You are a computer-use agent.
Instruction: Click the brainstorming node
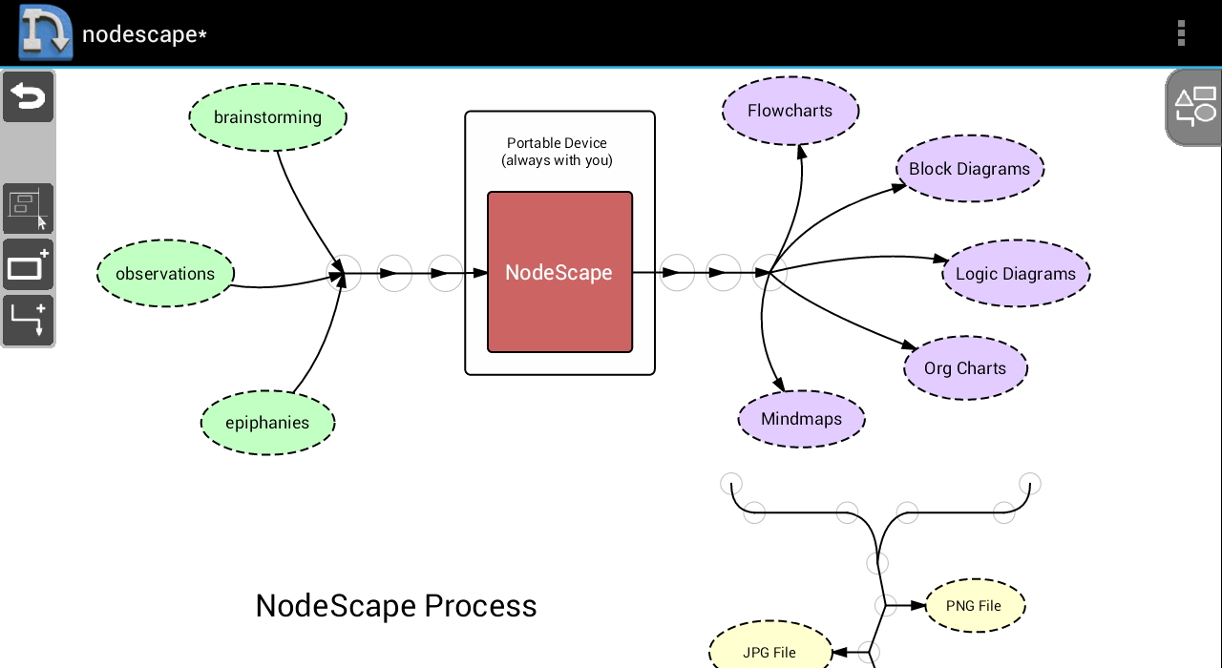267,117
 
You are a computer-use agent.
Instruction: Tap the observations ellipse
165,274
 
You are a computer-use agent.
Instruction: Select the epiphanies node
267,423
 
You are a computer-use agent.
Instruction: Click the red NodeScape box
559,272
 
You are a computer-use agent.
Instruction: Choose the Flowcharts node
790,111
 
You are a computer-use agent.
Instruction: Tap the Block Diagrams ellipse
969,169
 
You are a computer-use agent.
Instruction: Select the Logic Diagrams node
1016,274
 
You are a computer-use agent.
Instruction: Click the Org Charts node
965,368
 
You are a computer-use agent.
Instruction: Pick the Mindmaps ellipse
802,419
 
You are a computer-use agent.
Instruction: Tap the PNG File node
974,606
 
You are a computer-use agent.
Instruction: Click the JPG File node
769,653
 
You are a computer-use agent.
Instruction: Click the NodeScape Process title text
396,606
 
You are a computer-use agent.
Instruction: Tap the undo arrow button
28,97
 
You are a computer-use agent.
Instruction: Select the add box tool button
28,265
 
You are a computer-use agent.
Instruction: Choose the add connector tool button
28,321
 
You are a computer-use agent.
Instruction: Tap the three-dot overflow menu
1181,33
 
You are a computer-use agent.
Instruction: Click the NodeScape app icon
45,32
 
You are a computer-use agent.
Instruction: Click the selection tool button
28,208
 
